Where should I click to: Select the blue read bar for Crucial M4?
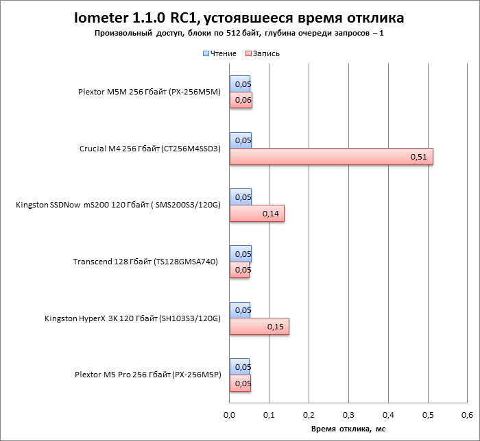click(240, 140)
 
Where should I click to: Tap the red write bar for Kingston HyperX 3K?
click(259, 327)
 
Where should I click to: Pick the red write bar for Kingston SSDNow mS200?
click(256, 214)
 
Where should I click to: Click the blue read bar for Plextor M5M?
click(239, 84)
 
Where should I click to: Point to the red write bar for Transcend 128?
click(239, 270)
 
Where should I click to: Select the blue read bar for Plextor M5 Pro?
click(239, 366)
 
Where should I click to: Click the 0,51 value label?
click(418, 157)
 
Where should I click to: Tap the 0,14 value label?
click(270, 214)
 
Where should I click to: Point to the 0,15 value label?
click(275, 327)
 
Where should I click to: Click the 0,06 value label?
click(243, 101)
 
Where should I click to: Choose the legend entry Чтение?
click(219, 53)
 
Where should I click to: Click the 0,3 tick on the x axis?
click(348, 415)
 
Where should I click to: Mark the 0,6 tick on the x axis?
click(467, 415)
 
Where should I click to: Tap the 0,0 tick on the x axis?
click(230, 415)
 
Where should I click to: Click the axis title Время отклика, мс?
click(348, 429)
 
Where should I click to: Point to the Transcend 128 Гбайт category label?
click(146, 262)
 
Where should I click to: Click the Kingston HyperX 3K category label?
click(132, 318)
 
